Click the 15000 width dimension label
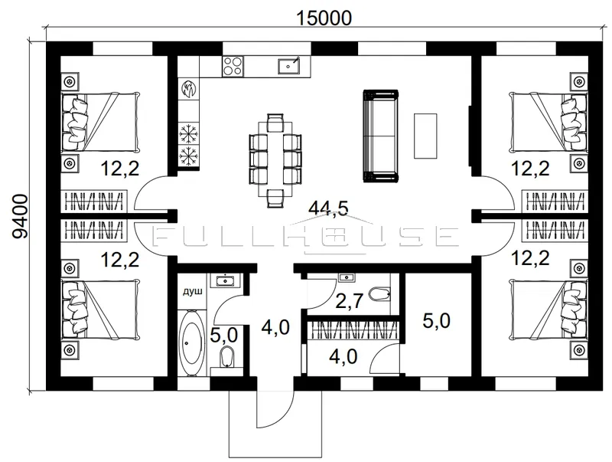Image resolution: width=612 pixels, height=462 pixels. tap(324, 18)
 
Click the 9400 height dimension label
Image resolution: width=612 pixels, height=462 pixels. tap(20, 216)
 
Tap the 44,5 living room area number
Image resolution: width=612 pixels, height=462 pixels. tap(328, 208)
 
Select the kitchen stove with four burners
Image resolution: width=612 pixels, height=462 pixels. tap(233, 66)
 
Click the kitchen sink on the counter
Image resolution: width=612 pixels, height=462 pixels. tap(289, 66)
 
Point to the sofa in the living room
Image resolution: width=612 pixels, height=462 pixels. tap(380, 136)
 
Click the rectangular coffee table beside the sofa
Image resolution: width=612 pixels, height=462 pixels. tap(425, 136)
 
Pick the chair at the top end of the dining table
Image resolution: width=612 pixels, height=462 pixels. tap(275, 122)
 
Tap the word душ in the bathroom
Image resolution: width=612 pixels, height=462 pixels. tap(193, 291)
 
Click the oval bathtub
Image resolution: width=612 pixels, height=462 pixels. tap(191, 343)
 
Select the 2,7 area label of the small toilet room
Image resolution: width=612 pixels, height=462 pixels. tap(350, 302)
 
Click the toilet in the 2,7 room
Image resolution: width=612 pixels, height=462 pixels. tap(379, 294)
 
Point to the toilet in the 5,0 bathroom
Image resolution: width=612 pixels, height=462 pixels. tap(226, 356)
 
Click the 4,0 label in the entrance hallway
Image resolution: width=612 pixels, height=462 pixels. tap(275, 327)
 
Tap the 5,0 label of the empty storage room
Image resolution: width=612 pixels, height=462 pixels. tap(436, 321)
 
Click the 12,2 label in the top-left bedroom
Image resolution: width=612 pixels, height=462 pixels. tap(120, 169)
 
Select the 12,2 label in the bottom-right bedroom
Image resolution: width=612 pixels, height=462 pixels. tap(530, 258)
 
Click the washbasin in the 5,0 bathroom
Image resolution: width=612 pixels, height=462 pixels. tap(224, 280)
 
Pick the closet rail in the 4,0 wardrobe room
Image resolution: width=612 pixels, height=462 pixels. tap(353, 330)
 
